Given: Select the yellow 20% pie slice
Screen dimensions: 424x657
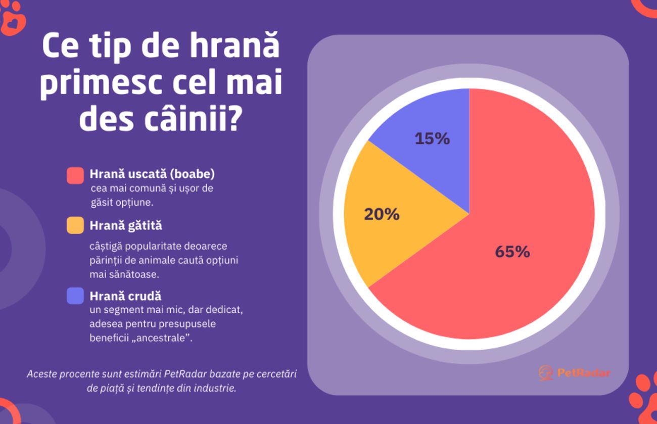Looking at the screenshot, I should pyautogui.click(x=399, y=222).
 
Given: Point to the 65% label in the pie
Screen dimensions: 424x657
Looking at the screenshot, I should pyautogui.click(x=512, y=252).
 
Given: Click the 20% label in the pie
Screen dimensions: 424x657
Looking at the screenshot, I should pyautogui.click(x=382, y=214).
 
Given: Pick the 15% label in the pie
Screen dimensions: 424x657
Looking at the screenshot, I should pyautogui.click(x=432, y=138).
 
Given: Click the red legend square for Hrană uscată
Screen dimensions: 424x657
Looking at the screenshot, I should pyautogui.click(x=75, y=175).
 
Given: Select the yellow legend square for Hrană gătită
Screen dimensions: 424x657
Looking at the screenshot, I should pyautogui.click(x=75, y=225).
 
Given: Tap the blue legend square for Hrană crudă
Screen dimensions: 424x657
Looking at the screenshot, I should pyautogui.click(x=75, y=296).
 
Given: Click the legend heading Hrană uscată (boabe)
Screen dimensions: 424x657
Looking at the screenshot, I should pyautogui.click(x=152, y=174).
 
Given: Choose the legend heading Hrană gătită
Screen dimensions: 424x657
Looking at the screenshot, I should pyautogui.click(x=126, y=225).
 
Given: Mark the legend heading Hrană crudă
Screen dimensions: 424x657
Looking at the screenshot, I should pyautogui.click(x=125, y=296).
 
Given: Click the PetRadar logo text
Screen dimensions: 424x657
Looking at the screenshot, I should pyautogui.click(x=584, y=373).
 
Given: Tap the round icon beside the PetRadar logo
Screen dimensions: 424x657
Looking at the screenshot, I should pyautogui.click(x=546, y=373).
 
